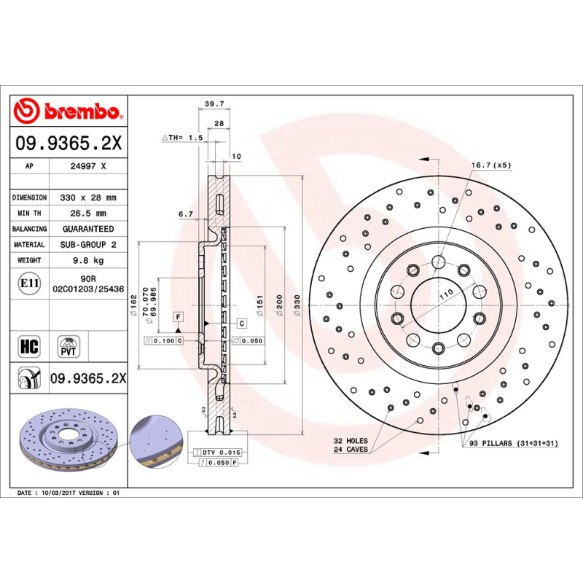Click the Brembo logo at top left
pos(67,111)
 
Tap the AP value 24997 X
pos(88,166)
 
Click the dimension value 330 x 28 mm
pos(88,197)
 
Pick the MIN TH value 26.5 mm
pos(88,214)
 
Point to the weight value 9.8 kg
pos(88,260)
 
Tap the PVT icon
pos(67,345)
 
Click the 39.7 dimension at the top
pos(214,104)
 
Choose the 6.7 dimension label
pos(185,214)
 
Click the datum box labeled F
pos(177,316)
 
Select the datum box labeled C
pos(240,322)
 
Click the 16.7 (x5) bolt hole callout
pos(490,165)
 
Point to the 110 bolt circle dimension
pos(445,291)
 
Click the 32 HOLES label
pos(351,442)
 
